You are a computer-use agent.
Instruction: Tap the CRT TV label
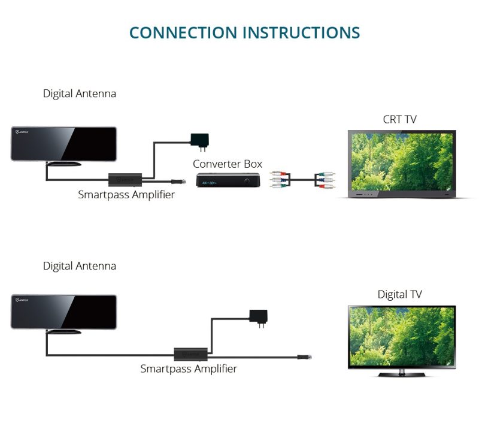(x=399, y=119)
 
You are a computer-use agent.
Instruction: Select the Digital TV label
(x=399, y=294)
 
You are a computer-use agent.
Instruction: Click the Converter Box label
(x=228, y=164)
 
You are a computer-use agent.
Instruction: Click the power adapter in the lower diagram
(x=258, y=316)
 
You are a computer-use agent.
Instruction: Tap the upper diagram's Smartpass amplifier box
(x=125, y=179)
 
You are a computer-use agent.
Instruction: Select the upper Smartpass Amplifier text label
(x=126, y=195)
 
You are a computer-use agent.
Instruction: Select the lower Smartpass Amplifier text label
(x=189, y=369)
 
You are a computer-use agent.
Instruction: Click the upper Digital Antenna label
(x=80, y=93)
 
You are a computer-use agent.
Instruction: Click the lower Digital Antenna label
(x=80, y=265)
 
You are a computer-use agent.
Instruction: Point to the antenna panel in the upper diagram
(x=63, y=143)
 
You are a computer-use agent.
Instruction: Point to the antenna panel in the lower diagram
(x=63, y=312)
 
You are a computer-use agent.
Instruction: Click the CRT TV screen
(x=402, y=161)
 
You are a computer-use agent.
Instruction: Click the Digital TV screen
(x=402, y=336)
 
